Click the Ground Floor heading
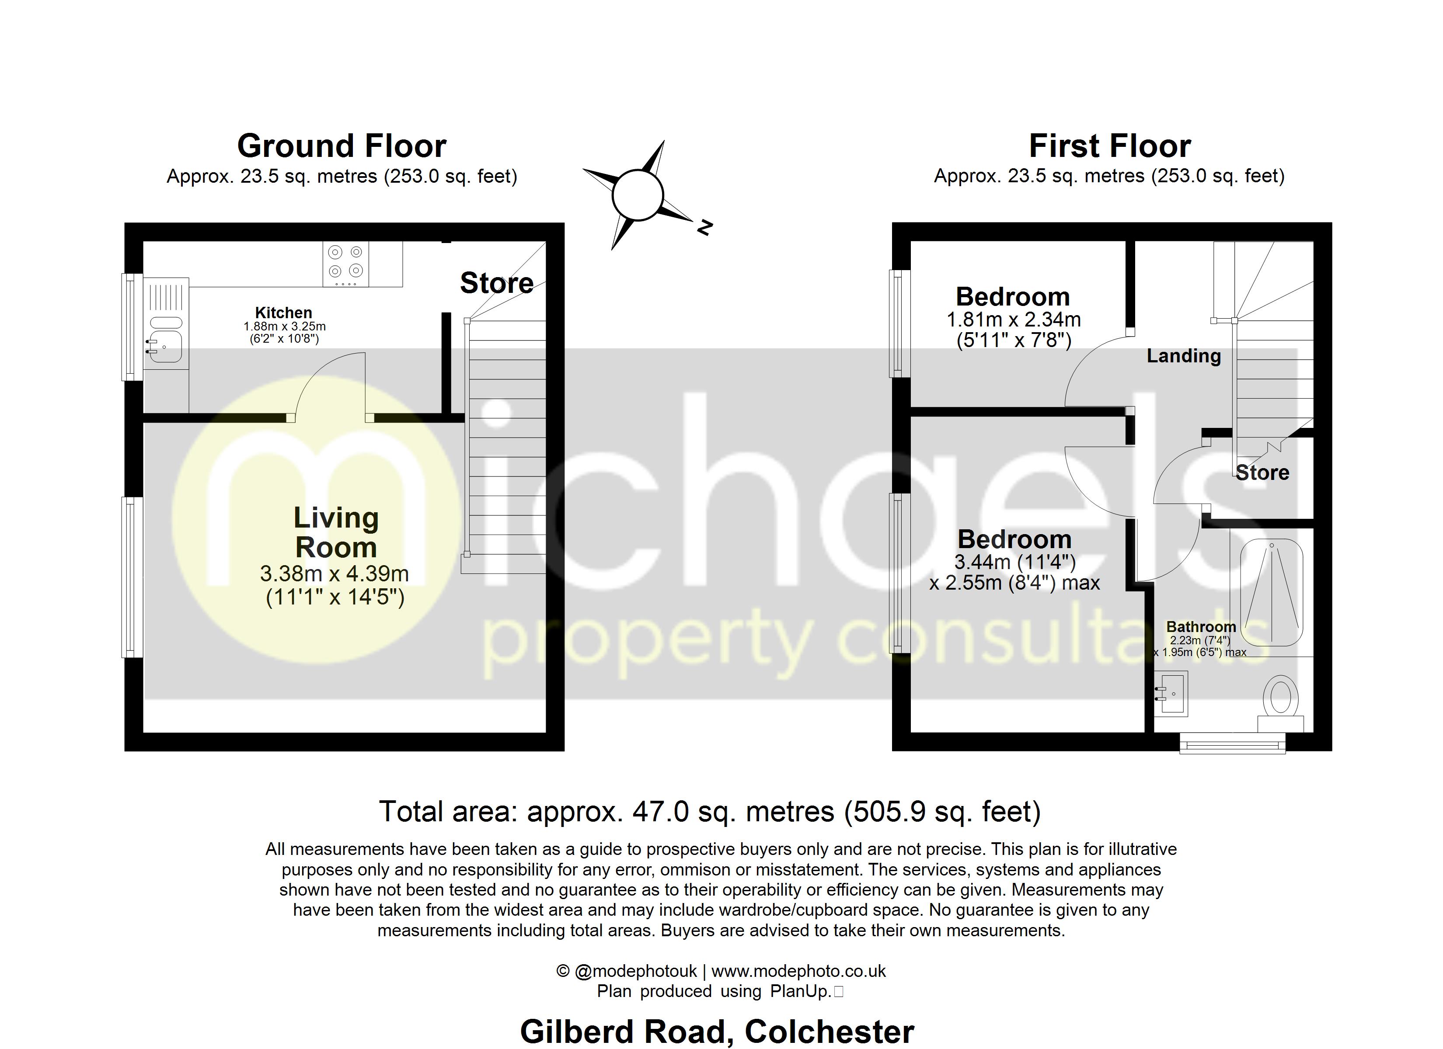342,146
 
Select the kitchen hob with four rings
345,264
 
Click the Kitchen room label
284,313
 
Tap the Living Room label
336,532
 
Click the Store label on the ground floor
496,283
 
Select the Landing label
1183,356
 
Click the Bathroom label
1201,627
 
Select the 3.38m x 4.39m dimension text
334,574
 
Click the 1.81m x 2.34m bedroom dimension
1014,320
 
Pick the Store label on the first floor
1262,472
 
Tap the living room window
132,577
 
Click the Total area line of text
709,812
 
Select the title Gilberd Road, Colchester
717,1031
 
